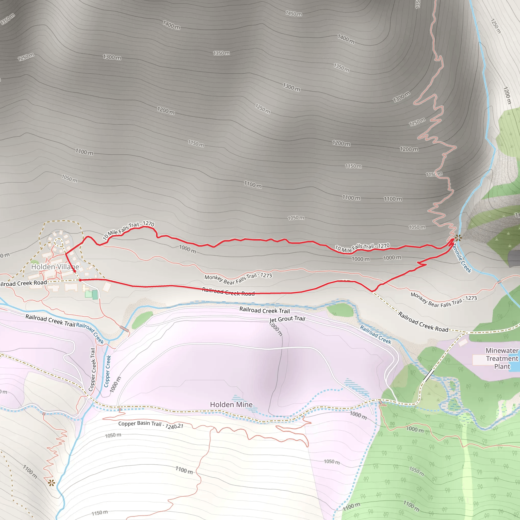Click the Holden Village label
tap(55, 267)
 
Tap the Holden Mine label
tap(231, 404)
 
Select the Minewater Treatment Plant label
tap(502, 359)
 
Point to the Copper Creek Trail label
tap(92, 369)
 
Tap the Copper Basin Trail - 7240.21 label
tap(151, 425)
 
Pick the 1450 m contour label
tap(294, 13)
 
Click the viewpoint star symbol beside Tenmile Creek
tap(458, 238)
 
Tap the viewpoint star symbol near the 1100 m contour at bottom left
tap(51, 483)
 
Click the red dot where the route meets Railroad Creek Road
tap(80, 280)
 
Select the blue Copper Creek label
tap(108, 371)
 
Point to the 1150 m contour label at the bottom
tap(100, 513)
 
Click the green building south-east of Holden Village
tap(95, 295)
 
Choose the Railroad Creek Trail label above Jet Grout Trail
tap(265, 310)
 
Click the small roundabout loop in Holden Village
tap(58, 242)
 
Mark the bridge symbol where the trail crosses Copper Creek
tap(124, 328)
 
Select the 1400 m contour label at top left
tap(171, 25)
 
